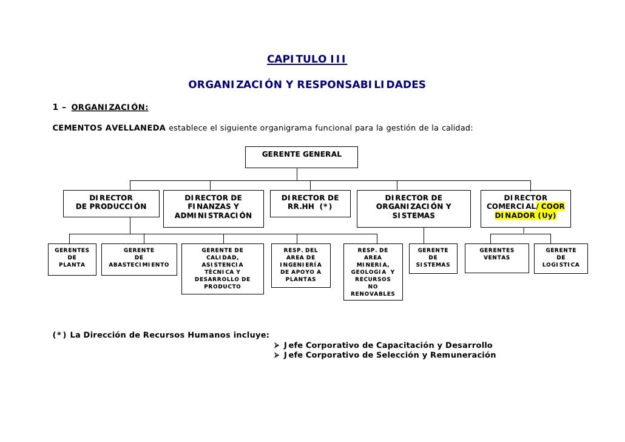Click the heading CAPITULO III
click(x=306, y=59)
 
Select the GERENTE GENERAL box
click(x=302, y=156)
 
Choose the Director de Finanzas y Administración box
click(x=213, y=208)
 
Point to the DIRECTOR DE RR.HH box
click(x=310, y=203)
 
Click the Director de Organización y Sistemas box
click(x=414, y=208)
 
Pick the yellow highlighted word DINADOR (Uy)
click(x=525, y=216)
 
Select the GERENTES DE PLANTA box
click(x=72, y=258)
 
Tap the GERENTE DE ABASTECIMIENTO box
click(x=139, y=259)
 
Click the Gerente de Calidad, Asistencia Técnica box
click(x=222, y=268)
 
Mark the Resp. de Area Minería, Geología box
click(x=373, y=272)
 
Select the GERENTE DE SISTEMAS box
click(x=433, y=258)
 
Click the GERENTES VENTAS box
click(x=497, y=258)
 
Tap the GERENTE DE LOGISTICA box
click(x=561, y=258)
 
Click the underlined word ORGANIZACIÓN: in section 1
click(x=110, y=108)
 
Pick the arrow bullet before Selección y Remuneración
click(x=277, y=355)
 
